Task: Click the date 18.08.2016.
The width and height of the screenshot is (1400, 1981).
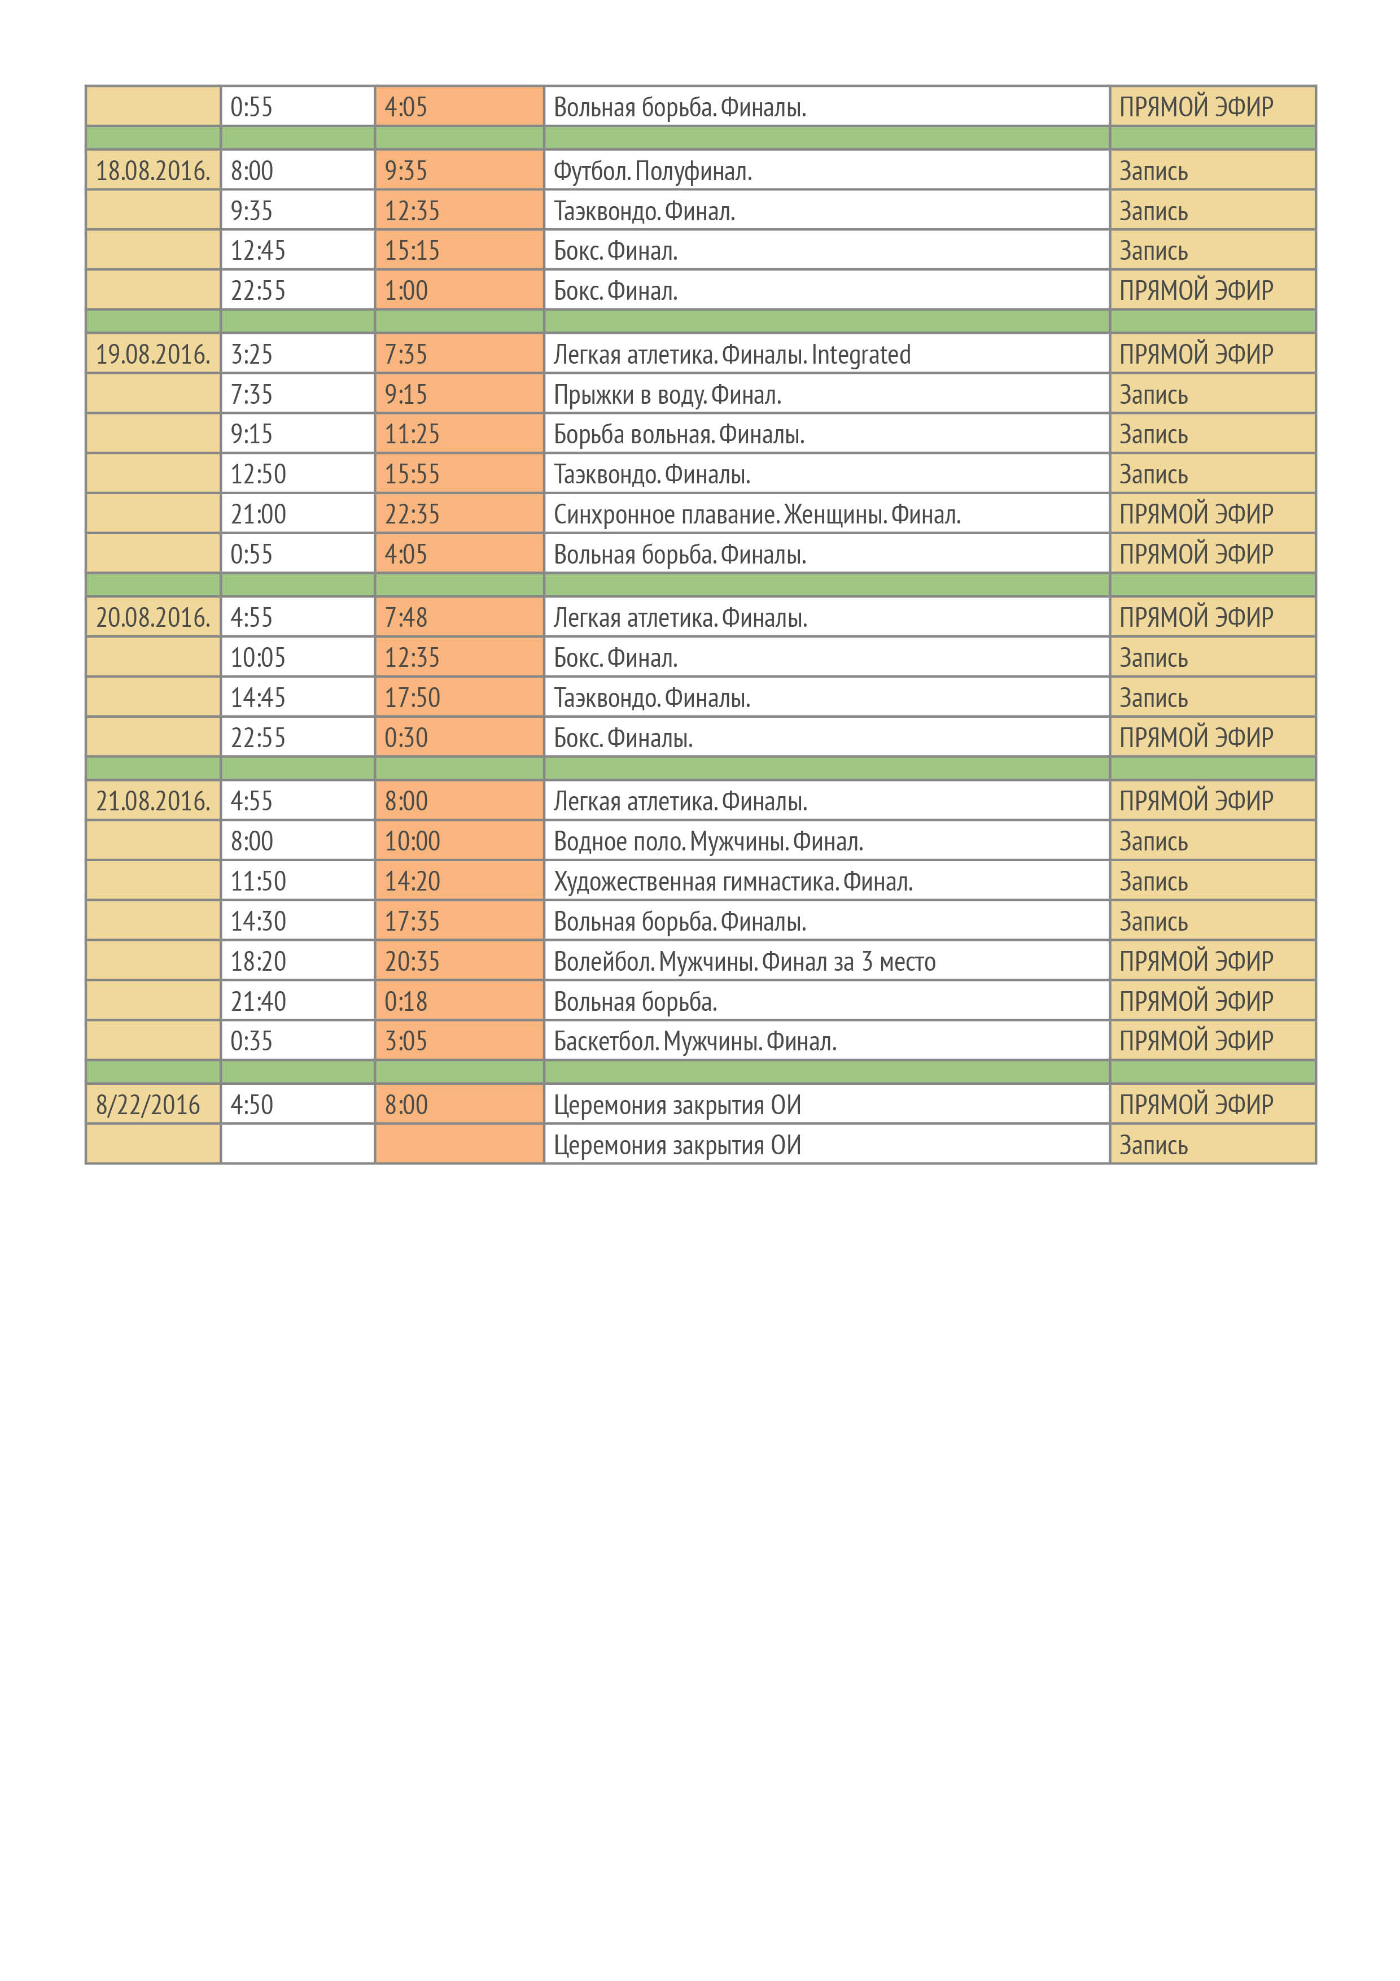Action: [x=152, y=171]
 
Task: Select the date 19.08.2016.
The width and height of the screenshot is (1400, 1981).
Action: [x=152, y=355]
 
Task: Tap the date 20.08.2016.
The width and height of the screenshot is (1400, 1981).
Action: [x=152, y=618]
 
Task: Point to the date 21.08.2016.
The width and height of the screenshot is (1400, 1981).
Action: [x=152, y=801]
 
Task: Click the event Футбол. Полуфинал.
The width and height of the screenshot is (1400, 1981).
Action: [x=652, y=172]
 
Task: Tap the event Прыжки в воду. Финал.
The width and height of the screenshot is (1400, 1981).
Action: [x=667, y=395]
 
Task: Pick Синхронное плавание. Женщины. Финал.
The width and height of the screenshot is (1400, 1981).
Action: [x=756, y=515]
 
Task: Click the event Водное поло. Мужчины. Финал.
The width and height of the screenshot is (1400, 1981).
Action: [x=707, y=841]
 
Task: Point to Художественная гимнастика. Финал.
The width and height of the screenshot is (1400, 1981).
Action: [x=732, y=882]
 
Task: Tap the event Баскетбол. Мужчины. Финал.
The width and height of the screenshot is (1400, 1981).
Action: [x=694, y=1041]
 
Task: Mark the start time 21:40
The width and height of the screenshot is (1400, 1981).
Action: [x=258, y=1002]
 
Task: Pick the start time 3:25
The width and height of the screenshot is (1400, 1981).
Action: [x=251, y=355]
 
